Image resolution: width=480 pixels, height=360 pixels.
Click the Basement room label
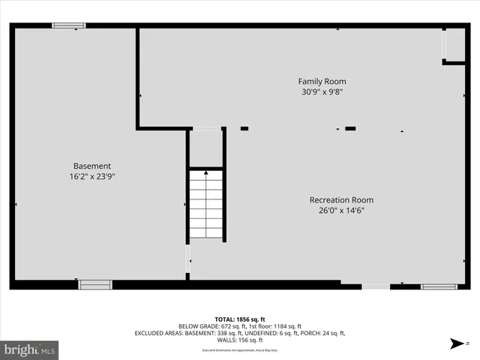(x=92, y=166)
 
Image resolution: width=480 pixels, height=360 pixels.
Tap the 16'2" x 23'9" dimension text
(x=92, y=177)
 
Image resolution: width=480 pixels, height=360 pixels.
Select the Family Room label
(x=322, y=81)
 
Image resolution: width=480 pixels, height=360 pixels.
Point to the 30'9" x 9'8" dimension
(x=322, y=92)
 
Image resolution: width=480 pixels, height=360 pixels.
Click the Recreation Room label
(x=341, y=200)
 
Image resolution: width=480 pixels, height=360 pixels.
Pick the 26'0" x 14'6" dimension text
(x=341, y=211)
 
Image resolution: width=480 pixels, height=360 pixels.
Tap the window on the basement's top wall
(x=68, y=25)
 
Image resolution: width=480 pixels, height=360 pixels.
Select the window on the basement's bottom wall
(x=95, y=284)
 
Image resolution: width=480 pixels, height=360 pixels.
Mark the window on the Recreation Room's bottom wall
(x=439, y=286)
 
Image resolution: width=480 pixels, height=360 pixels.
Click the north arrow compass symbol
(x=456, y=344)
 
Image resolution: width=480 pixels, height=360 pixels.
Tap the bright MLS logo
(x=30, y=349)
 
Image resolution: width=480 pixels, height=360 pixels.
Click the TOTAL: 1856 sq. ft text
(x=239, y=318)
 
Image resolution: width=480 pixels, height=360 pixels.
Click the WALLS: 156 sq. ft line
(x=239, y=340)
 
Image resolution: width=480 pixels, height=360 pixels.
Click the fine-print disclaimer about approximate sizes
(x=239, y=350)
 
